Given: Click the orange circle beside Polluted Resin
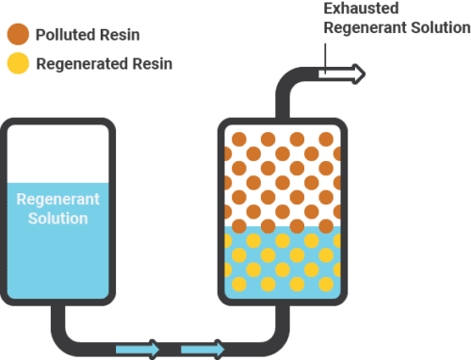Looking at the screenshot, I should point(17,35).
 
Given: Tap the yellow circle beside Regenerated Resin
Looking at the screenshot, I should point(17,64).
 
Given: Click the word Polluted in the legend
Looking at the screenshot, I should point(59,35).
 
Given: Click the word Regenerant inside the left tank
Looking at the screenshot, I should point(58,201).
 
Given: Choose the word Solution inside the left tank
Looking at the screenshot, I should point(58,219).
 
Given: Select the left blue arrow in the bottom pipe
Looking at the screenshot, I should point(138,350).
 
